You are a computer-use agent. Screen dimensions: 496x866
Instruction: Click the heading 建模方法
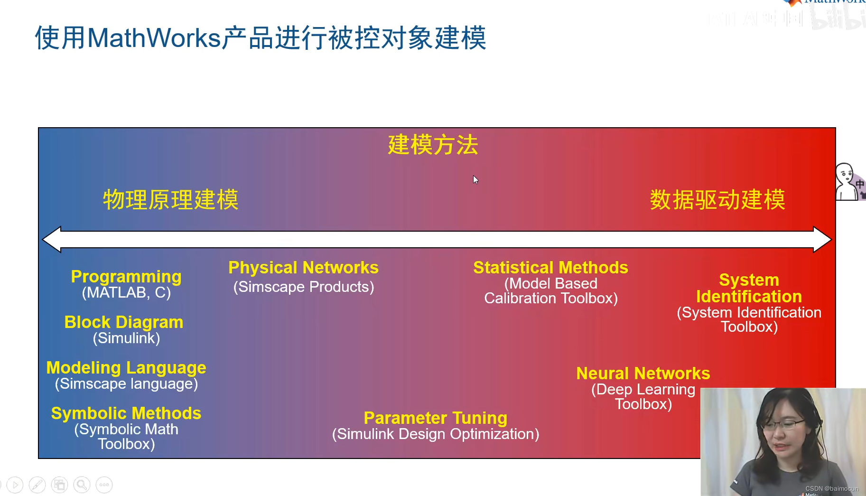click(x=433, y=145)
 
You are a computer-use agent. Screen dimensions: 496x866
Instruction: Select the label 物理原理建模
click(x=171, y=200)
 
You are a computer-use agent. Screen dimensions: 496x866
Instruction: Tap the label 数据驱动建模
click(x=717, y=200)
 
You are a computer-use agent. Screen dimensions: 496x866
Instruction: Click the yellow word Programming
click(x=126, y=277)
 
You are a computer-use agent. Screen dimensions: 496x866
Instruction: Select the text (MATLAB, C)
click(x=126, y=293)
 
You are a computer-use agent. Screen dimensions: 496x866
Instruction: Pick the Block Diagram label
click(x=124, y=322)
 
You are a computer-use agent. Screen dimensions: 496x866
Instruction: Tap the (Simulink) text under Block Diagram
click(x=126, y=338)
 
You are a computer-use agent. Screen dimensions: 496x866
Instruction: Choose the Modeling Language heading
click(x=126, y=368)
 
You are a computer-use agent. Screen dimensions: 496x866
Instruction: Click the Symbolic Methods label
click(x=126, y=413)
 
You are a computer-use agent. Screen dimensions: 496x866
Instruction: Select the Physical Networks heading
click(x=304, y=268)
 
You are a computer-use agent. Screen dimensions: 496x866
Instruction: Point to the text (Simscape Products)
click(x=304, y=287)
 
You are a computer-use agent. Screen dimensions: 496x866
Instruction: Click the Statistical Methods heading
click(x=551, y=268)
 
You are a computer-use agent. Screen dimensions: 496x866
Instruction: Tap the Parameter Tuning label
click(x=436, y=418)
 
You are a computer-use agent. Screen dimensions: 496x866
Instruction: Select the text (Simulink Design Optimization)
click(x=436, y=434)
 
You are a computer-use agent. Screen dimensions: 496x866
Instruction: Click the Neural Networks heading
click(x=643, y=374)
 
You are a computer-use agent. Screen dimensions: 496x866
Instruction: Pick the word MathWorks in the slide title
click(x=155, y=38)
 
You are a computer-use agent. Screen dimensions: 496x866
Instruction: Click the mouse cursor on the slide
click(x=475, y=179)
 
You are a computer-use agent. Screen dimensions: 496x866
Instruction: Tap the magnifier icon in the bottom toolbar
click(x=82, y=485)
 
